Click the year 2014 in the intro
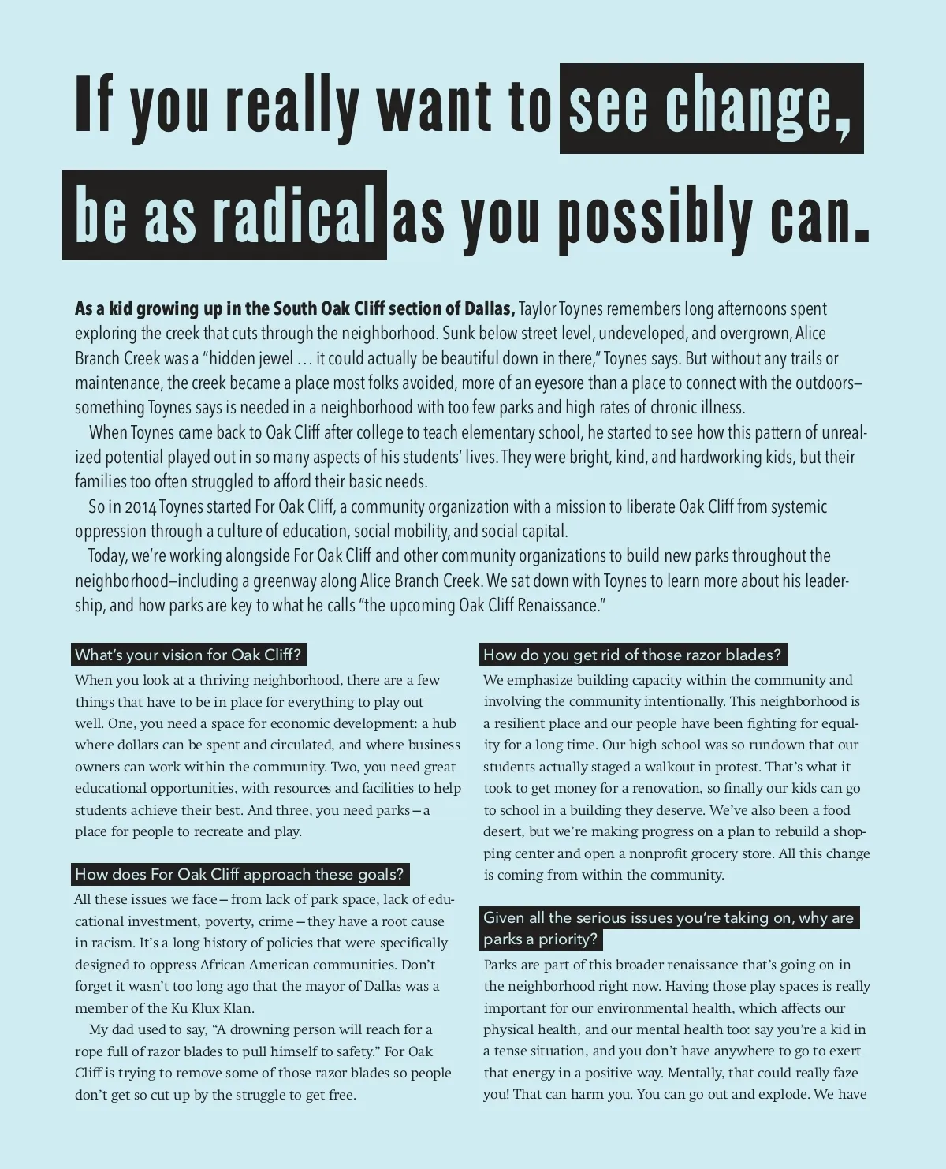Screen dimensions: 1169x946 point(140,506)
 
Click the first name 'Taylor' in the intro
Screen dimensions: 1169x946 point(537,308)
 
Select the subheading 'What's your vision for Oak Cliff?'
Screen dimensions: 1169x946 point(188,655)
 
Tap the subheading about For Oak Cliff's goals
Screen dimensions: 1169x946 point(240,874)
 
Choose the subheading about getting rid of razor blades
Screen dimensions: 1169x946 point(632,655)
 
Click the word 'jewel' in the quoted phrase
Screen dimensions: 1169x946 point(275,358)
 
